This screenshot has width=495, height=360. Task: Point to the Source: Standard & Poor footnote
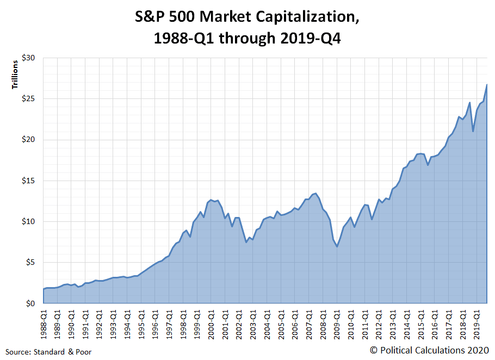tap(49, 352)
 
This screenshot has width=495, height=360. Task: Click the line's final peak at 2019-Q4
tap(486, 84)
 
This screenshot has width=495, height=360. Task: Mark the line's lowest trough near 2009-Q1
tap(337, 246)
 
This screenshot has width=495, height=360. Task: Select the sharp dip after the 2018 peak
tap(473, 132)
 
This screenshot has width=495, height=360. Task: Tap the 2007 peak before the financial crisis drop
tap(315, 193)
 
